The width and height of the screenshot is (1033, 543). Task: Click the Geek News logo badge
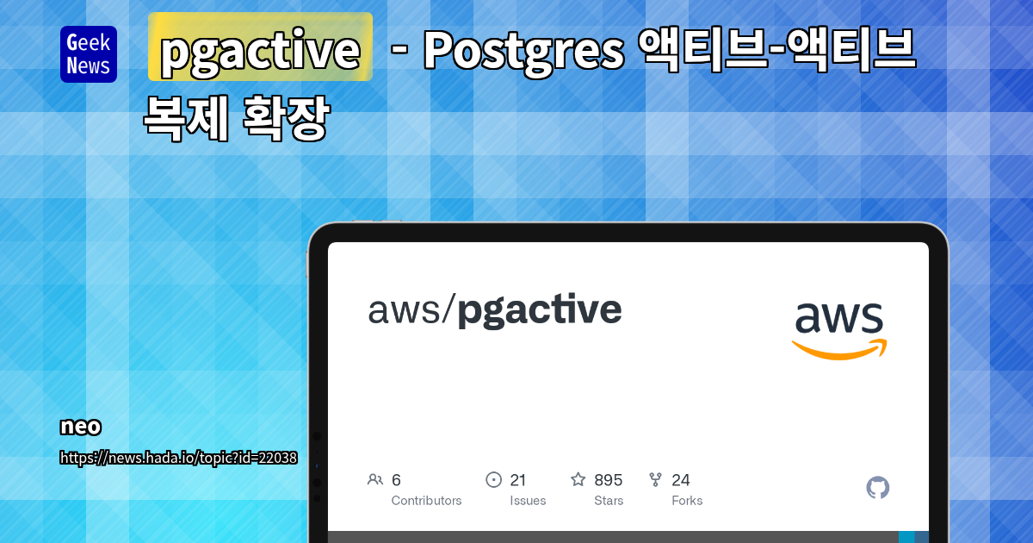coord(89,54)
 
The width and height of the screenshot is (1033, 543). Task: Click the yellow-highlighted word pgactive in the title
coord(260,50)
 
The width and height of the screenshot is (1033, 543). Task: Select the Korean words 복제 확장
coord(237,118)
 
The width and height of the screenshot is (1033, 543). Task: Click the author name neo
coord(81,427)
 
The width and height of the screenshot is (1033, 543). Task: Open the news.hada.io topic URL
coord(178,458)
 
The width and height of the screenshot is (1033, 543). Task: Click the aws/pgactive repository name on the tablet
coord(495,310)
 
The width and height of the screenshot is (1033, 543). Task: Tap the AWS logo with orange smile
coord(839,330)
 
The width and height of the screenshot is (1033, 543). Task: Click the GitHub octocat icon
coord(877,488)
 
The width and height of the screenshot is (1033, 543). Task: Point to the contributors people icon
coord(375,480)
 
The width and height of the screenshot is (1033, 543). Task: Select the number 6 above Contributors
coord(396,480)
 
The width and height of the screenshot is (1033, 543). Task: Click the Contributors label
coord(426,501)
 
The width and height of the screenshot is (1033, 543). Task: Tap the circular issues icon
coord(493,480)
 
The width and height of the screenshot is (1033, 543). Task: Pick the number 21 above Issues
coord(518,480)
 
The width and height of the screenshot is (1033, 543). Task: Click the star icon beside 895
coord(578,479)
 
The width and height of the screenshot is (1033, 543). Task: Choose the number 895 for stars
coord(609,480)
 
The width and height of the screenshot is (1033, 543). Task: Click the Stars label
coord(609,501)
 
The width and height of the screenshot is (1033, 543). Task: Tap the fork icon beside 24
coord(655,480)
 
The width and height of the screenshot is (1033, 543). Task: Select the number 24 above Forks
coord(681,480)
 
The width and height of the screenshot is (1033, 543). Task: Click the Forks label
coord(687,501)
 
